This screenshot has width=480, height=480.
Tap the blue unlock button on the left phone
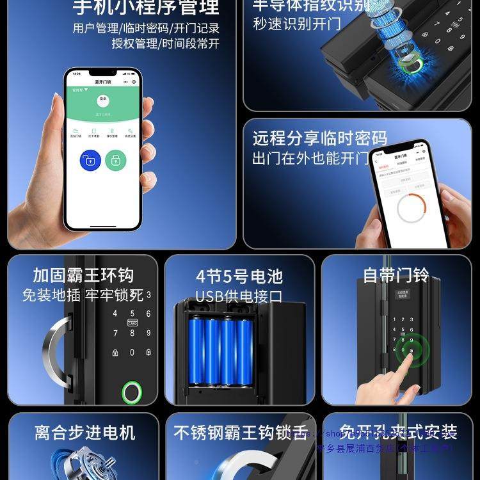tap(90, 160)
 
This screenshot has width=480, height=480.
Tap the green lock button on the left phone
tap(116, 160)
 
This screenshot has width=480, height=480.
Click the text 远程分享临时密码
tap(319, 138)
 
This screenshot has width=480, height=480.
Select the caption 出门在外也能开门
tap(311, 157)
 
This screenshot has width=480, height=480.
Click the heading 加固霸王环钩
tap(83, 275)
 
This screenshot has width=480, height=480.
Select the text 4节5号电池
tap(239, 276)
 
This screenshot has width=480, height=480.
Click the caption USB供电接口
tap(239, 296)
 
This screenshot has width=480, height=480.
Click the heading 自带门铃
tap(396, 275)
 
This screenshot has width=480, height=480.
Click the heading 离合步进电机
tap(84, 433)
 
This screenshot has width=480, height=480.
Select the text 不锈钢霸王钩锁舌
tap(241, 433)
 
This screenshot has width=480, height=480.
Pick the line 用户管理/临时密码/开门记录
tap(146, 28)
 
